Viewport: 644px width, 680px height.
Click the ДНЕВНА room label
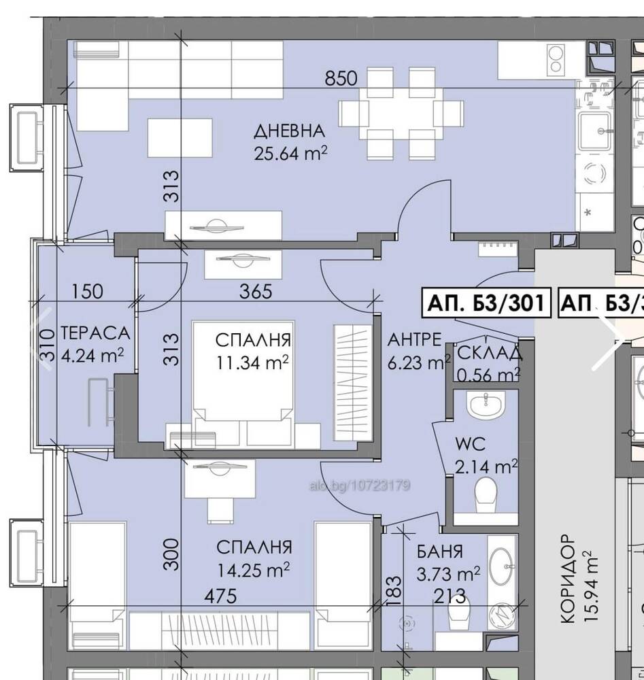289,131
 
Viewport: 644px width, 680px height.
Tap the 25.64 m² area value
290,153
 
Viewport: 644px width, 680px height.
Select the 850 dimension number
341,78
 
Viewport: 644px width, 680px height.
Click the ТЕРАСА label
95,333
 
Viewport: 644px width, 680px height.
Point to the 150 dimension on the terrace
87,292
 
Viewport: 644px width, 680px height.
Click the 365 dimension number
256,292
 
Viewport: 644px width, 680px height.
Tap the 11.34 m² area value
252,362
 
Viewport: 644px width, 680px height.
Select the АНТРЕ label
415,339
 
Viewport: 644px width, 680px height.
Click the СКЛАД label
490,353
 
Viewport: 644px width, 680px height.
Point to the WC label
470,444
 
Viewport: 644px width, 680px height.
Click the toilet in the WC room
486,494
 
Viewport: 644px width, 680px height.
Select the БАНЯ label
440,551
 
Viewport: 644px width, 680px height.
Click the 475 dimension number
221,596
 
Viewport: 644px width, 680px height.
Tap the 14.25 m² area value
253,569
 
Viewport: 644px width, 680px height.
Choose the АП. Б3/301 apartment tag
486,303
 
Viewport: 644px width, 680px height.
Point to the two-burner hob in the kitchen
556,60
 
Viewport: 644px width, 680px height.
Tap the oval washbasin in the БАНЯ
502,566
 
